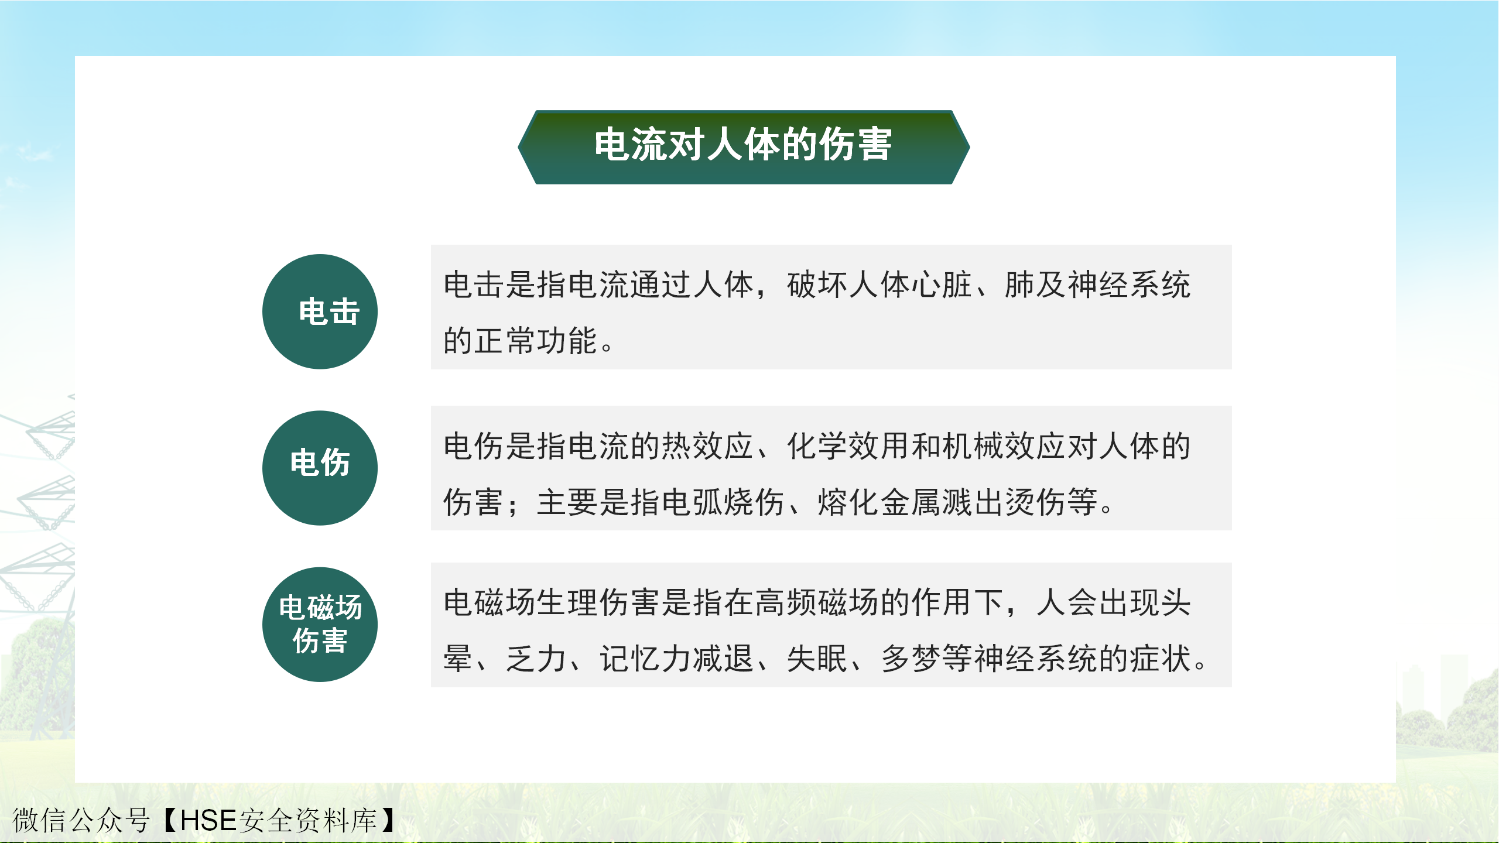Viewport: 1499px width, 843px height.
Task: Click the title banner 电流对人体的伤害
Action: [744, 147]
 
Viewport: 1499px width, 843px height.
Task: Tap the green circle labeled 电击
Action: [320, 311]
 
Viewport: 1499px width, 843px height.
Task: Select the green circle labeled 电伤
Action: [320, 468]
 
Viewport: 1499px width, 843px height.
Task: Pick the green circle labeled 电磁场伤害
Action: [320, 624]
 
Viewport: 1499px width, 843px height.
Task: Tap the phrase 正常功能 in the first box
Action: [536, 341]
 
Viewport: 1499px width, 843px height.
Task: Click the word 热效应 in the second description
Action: [707, 446]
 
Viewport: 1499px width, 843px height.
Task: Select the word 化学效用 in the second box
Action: [848, 446]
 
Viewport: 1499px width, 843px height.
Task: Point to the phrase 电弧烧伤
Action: [723, 502]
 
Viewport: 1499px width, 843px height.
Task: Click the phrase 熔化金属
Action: [879, 502]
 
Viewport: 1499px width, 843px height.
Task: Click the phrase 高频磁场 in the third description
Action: [817, 603]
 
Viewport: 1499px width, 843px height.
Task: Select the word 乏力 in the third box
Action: [536, 659]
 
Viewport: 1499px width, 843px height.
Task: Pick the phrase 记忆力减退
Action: [676, 659]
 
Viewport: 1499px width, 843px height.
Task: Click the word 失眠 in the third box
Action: [817, 659]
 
